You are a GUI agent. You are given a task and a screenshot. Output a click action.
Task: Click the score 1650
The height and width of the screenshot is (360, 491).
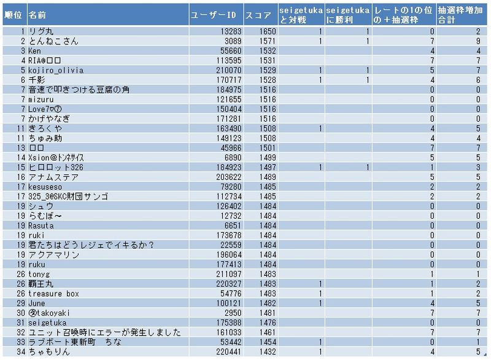[x=268, y=31]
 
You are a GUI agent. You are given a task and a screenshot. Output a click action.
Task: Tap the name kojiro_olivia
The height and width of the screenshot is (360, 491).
[x=56, y=71]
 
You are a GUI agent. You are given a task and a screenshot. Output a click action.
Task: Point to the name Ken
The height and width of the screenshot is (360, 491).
[x=34, y=51]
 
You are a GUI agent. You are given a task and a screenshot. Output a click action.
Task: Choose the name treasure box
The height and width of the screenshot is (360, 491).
[x=53, y=294]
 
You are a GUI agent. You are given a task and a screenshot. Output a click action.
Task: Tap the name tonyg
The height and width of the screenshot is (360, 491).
[x=38, y=275]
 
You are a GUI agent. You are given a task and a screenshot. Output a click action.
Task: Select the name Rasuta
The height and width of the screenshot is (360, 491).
[x=41, y=226]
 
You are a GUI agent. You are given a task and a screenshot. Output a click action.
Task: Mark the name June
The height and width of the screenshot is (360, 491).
[x=37, y=303]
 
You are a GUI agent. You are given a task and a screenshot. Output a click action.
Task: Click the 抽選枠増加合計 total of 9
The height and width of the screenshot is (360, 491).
[x=477, y=41]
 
